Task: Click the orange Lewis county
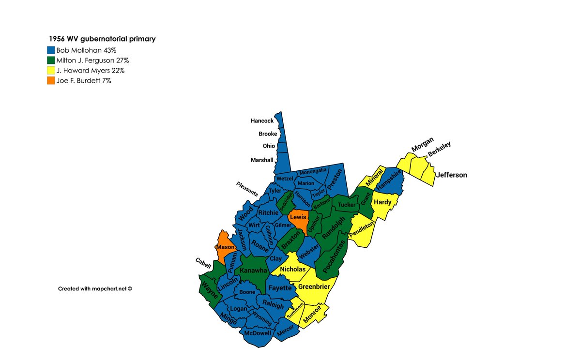pyautogui.click(x=298, y=221)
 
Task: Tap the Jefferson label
pyautogui.click(x=451, y=175)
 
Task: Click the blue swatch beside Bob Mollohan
pyautogui.click(x=51, y=50)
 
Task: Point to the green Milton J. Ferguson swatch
pyautogui.click(x=51, y=60)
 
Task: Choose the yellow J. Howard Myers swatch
pyautogui.click(x=51, y=71)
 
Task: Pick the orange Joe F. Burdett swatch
pyautogui.click(x=51, y=81)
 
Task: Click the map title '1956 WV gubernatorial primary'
pyautogui.click(x=102, y=39)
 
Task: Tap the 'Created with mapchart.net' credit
pyautogui.click(x=95, y=288)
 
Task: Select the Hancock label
pyautogui.click(x=262, y=121)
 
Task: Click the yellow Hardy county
pyautogui.click(x=383, y=203)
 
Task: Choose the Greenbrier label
pyautogui.click(x=314, y=286)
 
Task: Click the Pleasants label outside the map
pyautogui.click(x=247, y=188)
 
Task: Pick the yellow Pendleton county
pyautogui.click(x=363, y=231)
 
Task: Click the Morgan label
pyautogui.click(x=422, y=144)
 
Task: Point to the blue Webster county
pyautogui.click(x=309, y=253)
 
